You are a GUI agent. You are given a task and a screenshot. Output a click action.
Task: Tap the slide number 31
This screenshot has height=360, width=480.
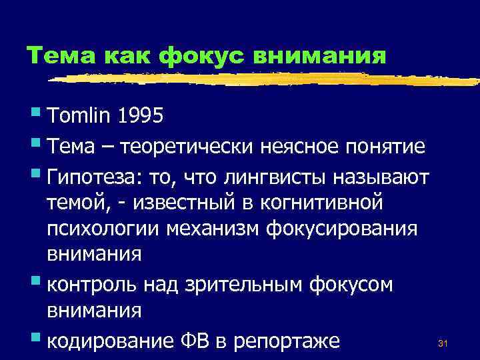[442, 344]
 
